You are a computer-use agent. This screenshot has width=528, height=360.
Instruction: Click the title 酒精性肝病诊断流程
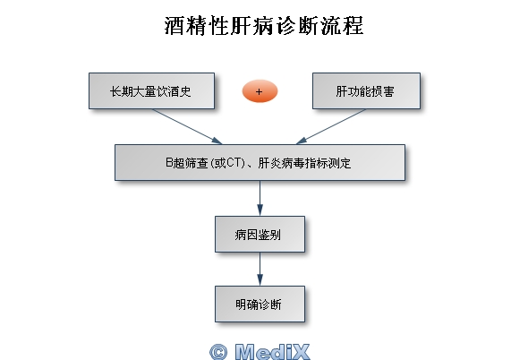(264, 26)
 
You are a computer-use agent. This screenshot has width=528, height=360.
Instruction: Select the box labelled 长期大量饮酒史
(151, 91)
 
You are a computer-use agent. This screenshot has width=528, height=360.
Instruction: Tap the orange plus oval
(260, 91)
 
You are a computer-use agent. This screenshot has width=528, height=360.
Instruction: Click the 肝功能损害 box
(366, 91)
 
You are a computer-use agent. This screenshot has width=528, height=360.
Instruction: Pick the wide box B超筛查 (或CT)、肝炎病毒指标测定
(260, 163)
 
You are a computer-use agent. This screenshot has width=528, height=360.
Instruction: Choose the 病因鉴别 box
(260, 235)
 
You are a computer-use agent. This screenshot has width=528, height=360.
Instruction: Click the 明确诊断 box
(260, 304)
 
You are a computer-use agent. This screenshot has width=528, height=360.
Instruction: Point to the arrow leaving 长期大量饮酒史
(187, 126)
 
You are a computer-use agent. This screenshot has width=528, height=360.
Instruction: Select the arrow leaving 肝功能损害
(331, 126)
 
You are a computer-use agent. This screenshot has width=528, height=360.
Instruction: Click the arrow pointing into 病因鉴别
(260, 199)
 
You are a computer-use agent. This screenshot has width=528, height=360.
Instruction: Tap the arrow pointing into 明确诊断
(260, 269)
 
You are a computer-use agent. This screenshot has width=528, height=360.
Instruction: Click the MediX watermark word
(272, 352)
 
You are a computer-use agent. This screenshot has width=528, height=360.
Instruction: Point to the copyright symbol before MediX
(218, 352)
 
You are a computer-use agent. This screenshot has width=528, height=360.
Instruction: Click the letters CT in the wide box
(234, 163)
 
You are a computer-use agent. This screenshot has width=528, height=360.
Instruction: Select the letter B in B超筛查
(169, 163)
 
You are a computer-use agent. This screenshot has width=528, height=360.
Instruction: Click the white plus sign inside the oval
(259, 91)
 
